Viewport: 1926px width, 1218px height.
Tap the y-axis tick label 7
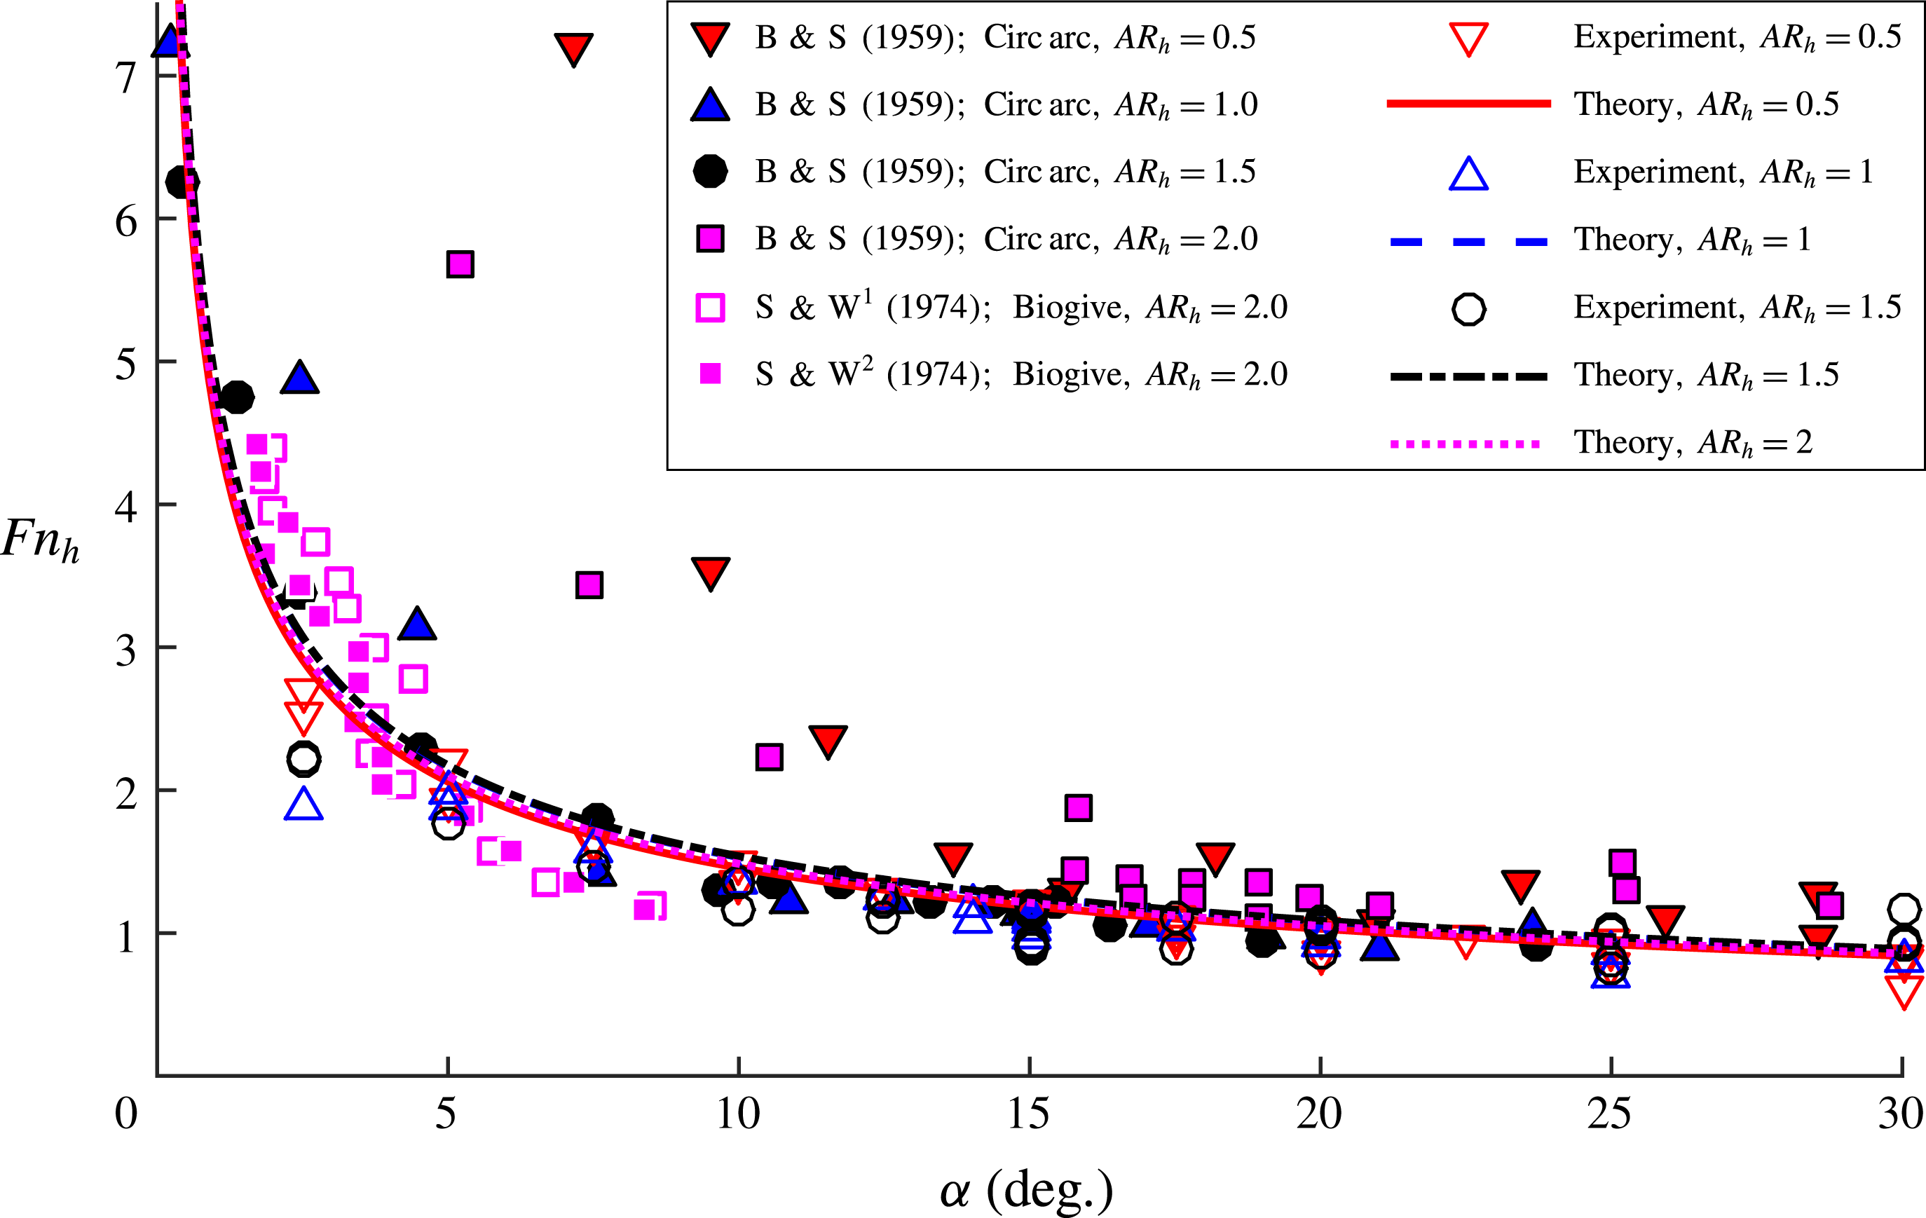click(125, 78)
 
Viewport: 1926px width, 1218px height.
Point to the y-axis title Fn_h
click(40, 540)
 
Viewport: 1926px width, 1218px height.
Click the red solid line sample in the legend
click(1468, 104)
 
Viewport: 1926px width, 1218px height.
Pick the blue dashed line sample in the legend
click(1468, 240)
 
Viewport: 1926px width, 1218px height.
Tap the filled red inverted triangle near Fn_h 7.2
click(573, 48)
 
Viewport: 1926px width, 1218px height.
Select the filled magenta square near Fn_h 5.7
click(460, 264)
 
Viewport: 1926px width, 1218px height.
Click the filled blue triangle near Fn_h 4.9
click(300, 378)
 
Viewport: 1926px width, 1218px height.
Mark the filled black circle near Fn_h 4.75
click(237, 397)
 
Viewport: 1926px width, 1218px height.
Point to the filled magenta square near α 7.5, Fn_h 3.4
click(589, 584)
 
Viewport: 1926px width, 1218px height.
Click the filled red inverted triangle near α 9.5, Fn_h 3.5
click(710, 572)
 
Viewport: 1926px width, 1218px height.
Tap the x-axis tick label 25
click(1609, 1114)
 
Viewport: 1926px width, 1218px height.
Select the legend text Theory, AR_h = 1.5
click(1706, 375)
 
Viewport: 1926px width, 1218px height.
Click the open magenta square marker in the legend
click(710, 307)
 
